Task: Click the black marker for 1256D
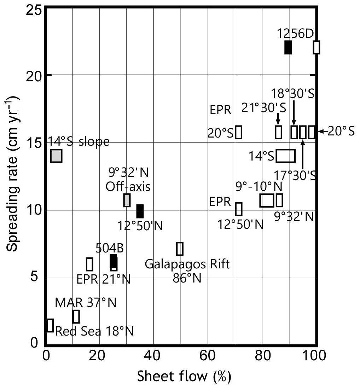tap(288, 47)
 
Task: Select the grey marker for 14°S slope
tap(56, 156)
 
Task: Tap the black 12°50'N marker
tap(140, 211)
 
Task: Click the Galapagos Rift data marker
tap(180, 249)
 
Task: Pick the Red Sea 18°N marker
tap(50, 325)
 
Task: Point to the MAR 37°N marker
tap(76, 316)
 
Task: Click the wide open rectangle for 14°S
tap(285, 156)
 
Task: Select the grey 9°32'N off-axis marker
tap(127, 200)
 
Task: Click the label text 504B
tap(110, 248)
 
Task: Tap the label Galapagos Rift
tap(187, 264)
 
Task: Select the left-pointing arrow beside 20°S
tap(322, 132)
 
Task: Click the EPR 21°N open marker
tap(89, 264)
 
